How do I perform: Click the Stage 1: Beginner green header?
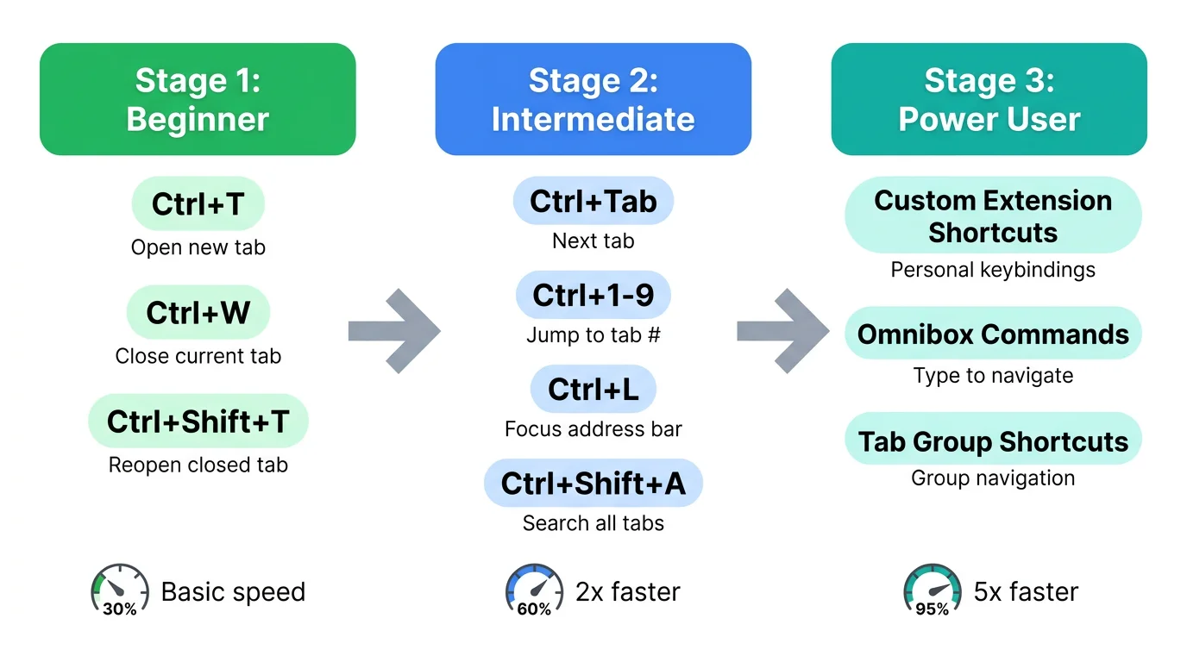198,99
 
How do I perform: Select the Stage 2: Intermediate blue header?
593,99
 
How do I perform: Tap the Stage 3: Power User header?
989,99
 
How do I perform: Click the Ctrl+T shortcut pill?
198,205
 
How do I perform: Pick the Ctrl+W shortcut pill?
198,313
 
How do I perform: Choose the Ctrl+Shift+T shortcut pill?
198,422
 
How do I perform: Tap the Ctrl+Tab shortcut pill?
593,202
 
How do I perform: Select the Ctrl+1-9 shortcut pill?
593,295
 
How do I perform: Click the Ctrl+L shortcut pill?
593,390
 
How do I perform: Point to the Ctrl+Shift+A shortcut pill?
593,484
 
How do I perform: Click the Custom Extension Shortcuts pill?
993,215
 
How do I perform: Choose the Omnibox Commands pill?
993,334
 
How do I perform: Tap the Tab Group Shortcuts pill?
993,440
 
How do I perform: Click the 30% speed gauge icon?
119,590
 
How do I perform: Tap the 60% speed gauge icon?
534,590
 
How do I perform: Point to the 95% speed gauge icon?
932,590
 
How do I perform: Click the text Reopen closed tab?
198,465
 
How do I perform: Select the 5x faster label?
1026,592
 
